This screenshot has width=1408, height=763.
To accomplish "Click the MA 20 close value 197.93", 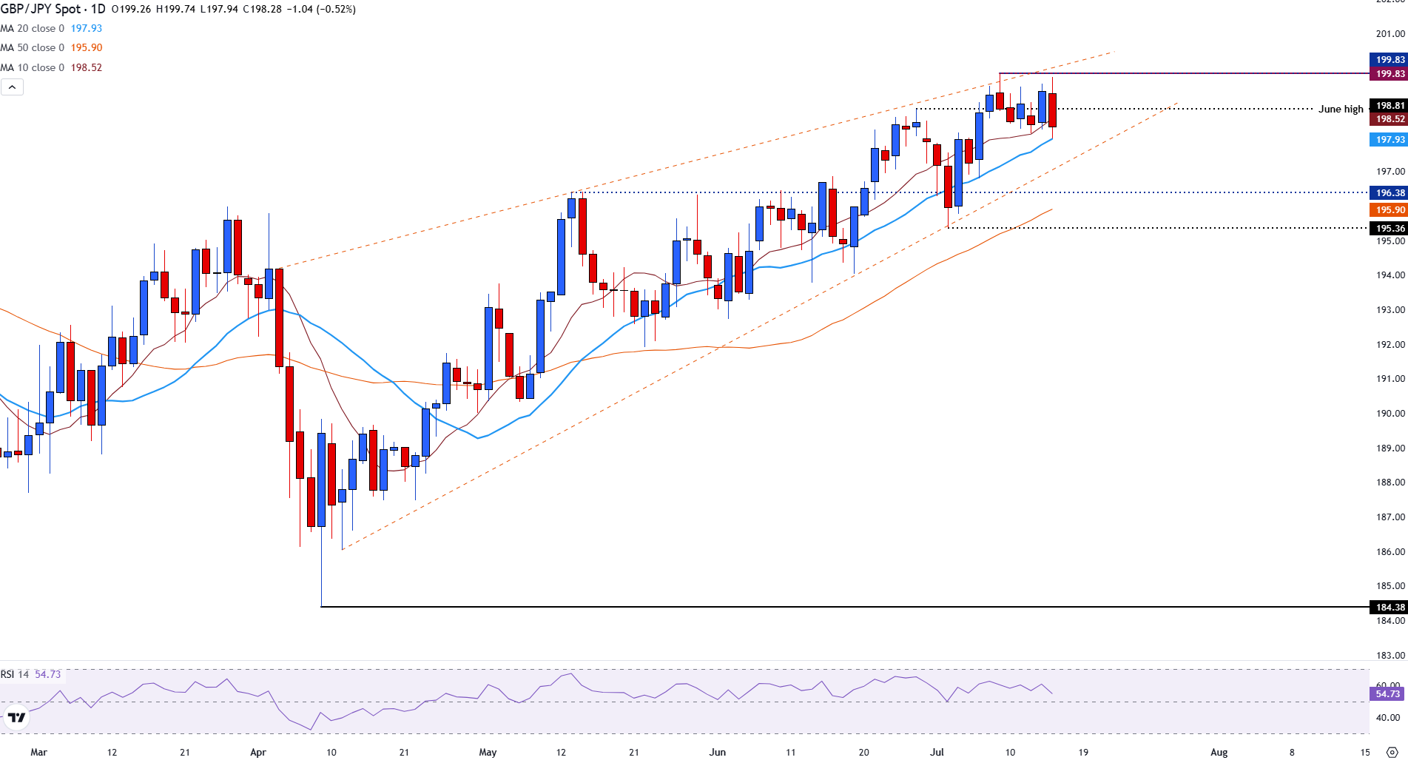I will pos(87,28).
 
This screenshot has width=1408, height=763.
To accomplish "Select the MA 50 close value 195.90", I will pos(87,47).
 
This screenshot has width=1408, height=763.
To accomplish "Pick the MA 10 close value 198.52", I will pos(87,67).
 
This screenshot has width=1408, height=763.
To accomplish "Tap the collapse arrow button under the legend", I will pos(13,87).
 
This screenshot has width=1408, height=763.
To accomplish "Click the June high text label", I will pos(1340,109).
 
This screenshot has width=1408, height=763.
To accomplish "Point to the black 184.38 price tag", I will pos(1389,608).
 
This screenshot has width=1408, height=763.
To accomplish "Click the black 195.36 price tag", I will pos(1389,229).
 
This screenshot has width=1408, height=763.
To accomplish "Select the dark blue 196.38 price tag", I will pos(1389,193).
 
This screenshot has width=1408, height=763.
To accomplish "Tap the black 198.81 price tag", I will pos(1389,106).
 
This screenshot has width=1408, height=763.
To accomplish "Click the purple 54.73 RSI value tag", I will pos(1387,694).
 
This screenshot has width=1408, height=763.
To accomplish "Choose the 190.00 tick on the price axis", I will pos(1390,414).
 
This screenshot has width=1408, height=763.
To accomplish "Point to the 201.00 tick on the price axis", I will pos(1390,33).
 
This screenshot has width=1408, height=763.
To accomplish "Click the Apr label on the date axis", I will pos(257,752).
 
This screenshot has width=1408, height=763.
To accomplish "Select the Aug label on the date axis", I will pos(1219,752).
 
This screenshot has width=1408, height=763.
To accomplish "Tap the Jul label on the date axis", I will pos(937,752).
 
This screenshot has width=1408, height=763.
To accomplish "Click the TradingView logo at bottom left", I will pos(16,717).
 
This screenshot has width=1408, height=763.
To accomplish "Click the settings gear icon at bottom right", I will pos(1392,752).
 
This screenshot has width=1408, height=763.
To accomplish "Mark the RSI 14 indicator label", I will pos(15,674).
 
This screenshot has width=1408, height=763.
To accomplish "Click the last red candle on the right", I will pos(1052,110).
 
